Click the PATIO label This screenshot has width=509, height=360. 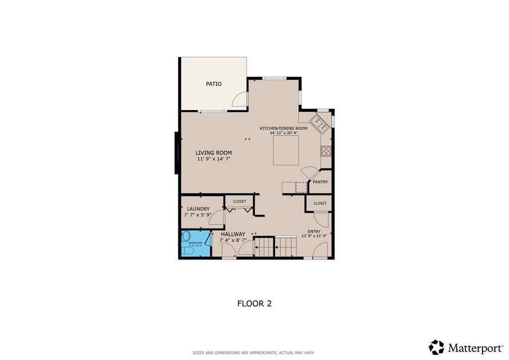[214, 84]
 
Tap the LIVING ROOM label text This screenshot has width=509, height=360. [214, 153]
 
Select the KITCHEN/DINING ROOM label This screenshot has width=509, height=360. [284, 128]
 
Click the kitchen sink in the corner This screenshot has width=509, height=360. [319, 123]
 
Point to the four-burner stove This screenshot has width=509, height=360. [326, 151]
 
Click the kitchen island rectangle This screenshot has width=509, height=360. [286, 150]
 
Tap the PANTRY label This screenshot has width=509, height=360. [321, 182]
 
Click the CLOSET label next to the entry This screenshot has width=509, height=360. [320, 203]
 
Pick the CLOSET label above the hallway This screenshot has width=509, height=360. [240, 201]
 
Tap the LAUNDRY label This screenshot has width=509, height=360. [198, 209]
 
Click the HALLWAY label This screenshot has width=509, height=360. [233, 234]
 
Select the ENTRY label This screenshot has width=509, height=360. [314, 231]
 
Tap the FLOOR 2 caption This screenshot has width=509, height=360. [254, 303]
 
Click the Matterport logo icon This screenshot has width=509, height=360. [437, 347]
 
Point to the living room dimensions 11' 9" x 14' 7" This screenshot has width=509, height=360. [214, 159]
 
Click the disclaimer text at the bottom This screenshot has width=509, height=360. [254, 353]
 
